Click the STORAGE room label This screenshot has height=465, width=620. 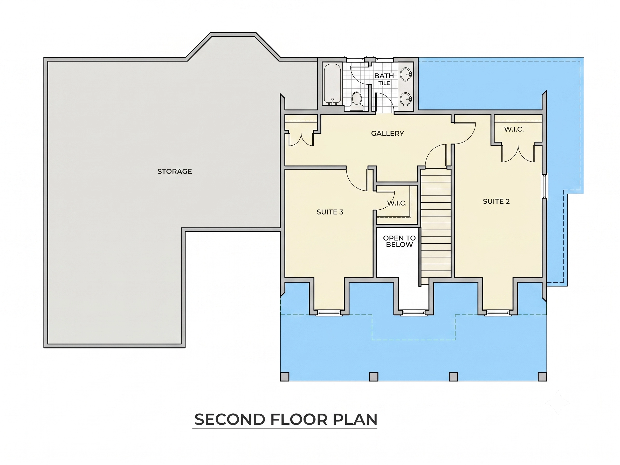175,171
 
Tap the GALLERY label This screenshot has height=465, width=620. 388,133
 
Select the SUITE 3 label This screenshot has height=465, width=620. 330,212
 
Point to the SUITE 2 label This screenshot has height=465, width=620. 496,201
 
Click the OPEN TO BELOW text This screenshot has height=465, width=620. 399,241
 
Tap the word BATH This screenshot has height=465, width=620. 384,76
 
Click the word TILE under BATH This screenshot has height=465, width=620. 384,83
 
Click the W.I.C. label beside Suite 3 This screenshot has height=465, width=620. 397,203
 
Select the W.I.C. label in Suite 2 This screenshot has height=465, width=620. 514,129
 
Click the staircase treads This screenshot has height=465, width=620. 436,223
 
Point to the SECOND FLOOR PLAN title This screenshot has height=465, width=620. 286,419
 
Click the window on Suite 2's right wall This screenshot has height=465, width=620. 545,186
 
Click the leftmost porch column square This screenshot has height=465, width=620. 285,377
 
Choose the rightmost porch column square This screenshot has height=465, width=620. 542,377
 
